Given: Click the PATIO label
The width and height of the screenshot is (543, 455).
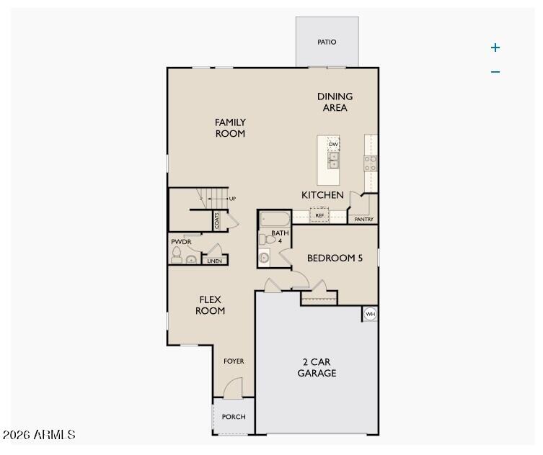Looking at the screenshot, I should click(x=327, y=42).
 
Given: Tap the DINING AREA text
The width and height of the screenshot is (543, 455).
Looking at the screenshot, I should click(x=335, y=102).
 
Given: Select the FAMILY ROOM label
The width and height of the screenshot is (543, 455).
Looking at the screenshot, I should click(x=230, y=128).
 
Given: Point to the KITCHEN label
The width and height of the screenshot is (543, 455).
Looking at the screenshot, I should click(x=322, y=195).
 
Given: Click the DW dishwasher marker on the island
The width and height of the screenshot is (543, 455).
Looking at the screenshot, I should click(x=333, y=145).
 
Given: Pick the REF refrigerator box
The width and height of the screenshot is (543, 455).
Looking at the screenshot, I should click(x=319, y=215).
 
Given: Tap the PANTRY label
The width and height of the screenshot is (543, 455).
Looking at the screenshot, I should click(x=364, y=220).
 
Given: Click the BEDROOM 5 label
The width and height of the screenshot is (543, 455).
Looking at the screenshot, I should click(x=335, y=258).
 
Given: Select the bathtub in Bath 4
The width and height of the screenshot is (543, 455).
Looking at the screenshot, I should click(x=274, y=219).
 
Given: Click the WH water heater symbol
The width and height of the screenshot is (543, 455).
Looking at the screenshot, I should click(x=370, y=314).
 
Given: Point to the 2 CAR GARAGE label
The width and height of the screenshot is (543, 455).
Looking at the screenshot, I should click(x=317, y=368).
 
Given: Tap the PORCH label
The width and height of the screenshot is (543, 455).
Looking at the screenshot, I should click(x=234, y=417).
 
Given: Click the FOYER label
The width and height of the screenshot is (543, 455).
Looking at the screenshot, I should click(x=234, y=361).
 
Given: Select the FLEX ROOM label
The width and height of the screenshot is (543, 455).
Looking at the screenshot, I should click(x=211, y=305).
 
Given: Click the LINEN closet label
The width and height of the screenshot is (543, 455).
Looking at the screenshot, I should click(x=214, y=261).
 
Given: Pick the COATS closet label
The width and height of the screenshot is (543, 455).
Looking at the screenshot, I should click(x=216, y=220).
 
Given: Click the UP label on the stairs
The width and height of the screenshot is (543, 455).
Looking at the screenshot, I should click(x=232, y=199).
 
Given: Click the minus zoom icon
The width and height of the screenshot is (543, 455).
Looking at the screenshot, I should click(x=495, y=72).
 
